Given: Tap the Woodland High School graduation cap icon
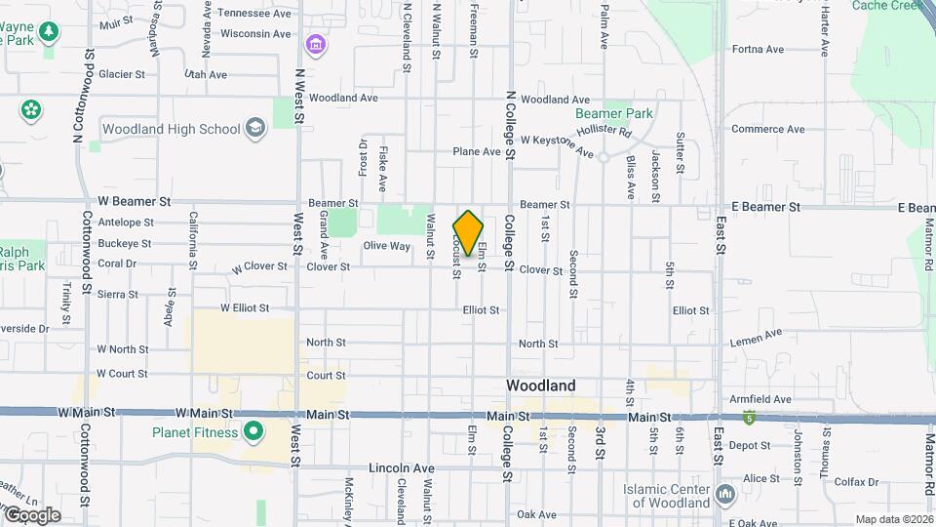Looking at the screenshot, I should coord(255,129).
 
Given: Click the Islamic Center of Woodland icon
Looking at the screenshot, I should coord(724,495).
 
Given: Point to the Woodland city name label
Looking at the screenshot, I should coord(540,385).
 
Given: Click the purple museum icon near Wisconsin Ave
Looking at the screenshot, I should coord(315,45).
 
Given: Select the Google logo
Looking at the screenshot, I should coord(32,514).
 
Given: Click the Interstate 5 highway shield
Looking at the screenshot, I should coord(749,419).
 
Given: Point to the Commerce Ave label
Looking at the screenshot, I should coord(768,129).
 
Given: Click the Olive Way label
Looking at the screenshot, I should coord(387,246).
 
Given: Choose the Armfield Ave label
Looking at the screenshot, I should coord(765,399).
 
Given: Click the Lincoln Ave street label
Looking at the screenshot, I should coord(402,468).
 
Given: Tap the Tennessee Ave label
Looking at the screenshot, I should coord(253,14).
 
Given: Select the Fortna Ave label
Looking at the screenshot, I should coord(758,49).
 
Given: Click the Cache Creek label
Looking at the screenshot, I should coord(887,6).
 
